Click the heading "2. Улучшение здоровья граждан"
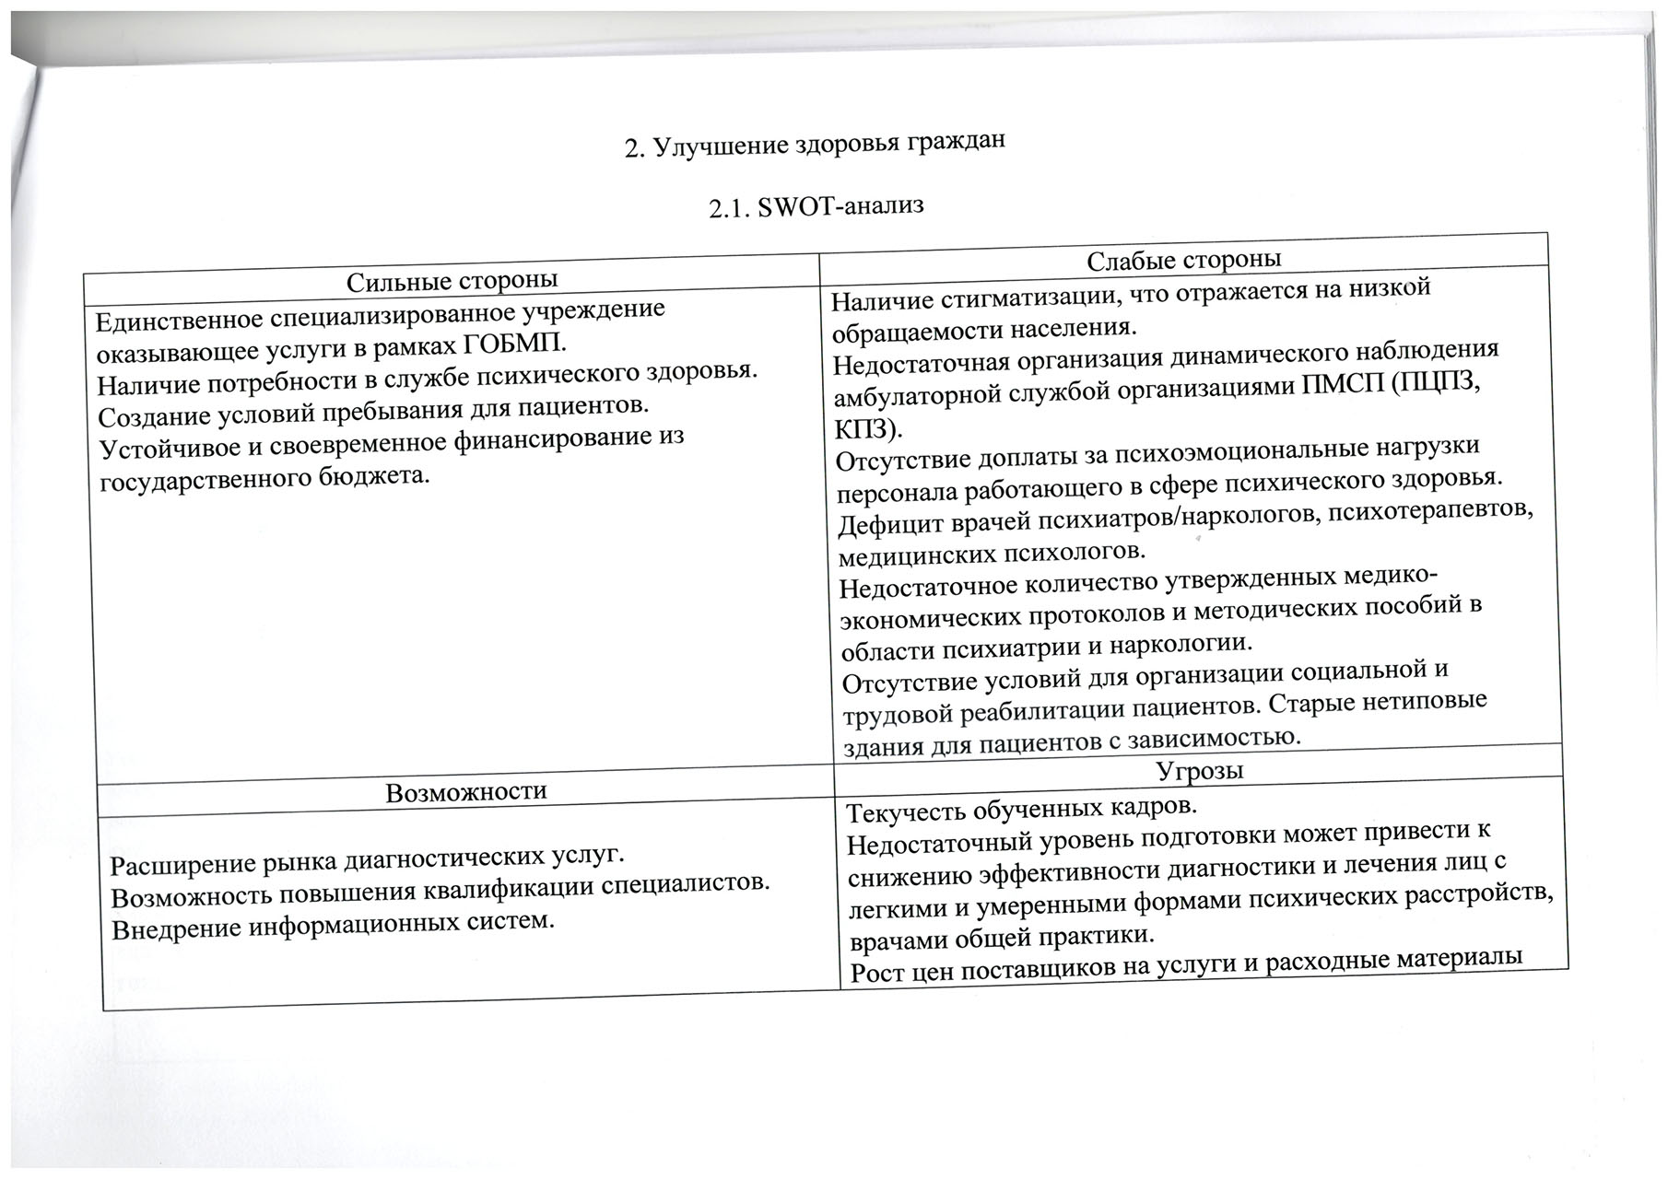(812, 144)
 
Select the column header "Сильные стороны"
(452, 280)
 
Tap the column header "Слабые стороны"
(1184, 259)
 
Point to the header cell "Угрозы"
(1199, 769)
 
